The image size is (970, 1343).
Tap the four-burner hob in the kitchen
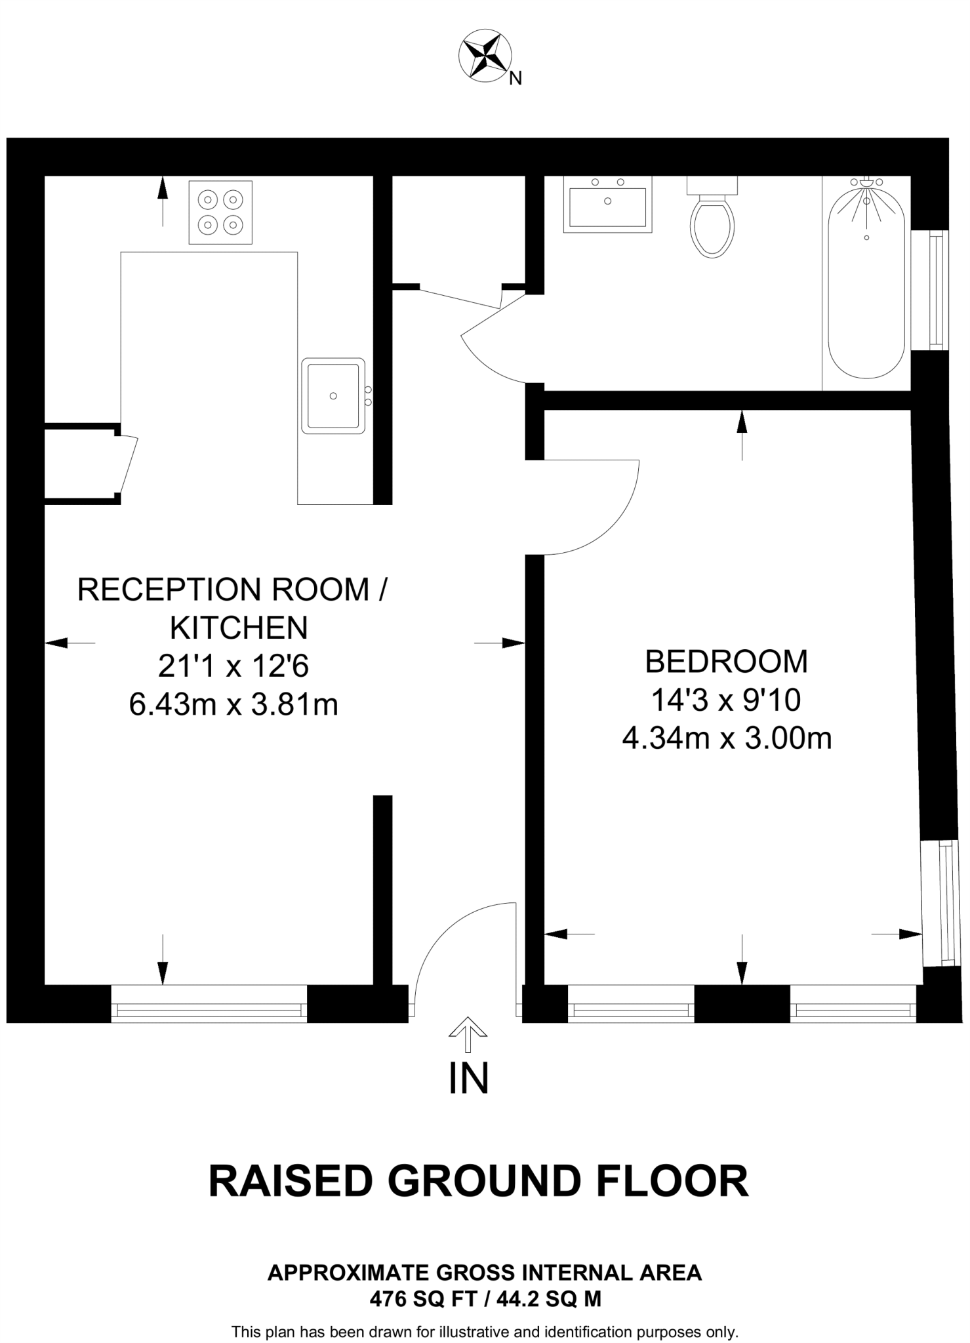pos(220,212)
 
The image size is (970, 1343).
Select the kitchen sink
pos(333,395)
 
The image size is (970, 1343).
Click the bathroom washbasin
pos(607,204)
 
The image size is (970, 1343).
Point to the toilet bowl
pos(712,226)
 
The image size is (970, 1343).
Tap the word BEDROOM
pos(727,662)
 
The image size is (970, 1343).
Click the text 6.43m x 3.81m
pos(233,705)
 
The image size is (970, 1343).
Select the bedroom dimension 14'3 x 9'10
pos(726,700)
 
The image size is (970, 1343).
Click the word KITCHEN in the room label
pos(239,628)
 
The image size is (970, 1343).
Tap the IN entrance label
pos(468,1079)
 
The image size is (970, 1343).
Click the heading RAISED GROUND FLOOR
pos(478,1181)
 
